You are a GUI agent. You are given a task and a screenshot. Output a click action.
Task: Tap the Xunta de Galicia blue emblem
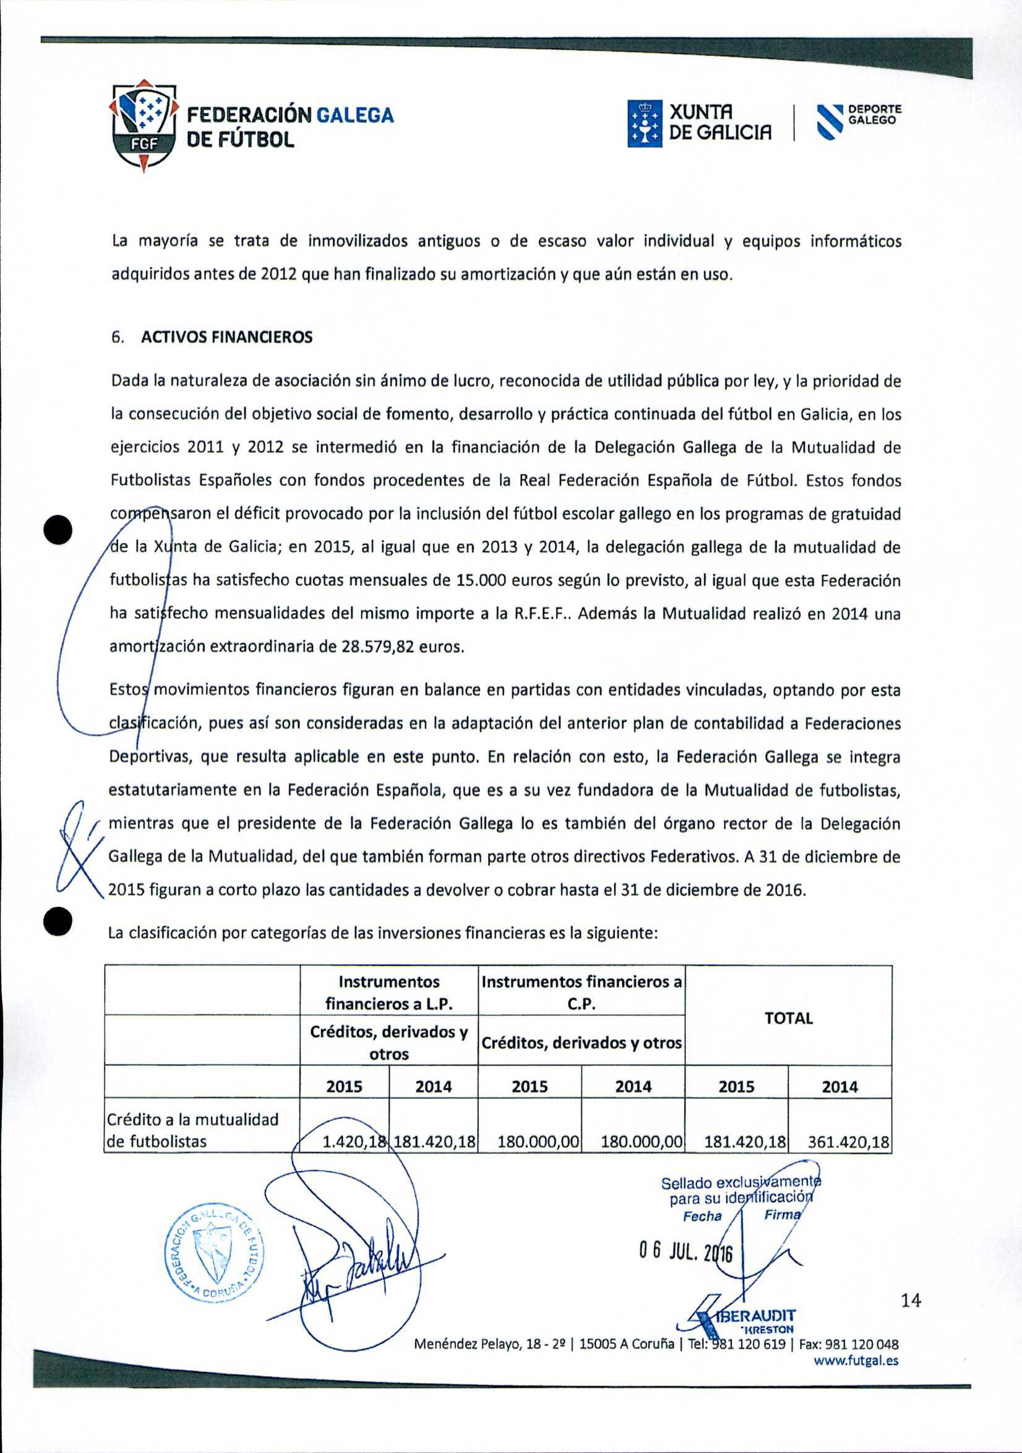[644, 124]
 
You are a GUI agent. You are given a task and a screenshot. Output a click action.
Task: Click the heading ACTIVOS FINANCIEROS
[226, 337]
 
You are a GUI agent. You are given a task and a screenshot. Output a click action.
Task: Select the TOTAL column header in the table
[788, 1018]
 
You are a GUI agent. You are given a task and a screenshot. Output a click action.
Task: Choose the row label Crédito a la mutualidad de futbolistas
[192, 1130]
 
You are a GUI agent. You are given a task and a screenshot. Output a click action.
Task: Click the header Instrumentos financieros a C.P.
[581, 993]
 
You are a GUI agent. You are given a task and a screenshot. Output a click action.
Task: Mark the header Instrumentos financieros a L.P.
[389, 993]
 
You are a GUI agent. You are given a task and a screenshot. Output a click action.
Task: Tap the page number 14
[911, 1300]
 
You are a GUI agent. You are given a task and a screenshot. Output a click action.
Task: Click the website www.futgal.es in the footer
[856, 1361]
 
